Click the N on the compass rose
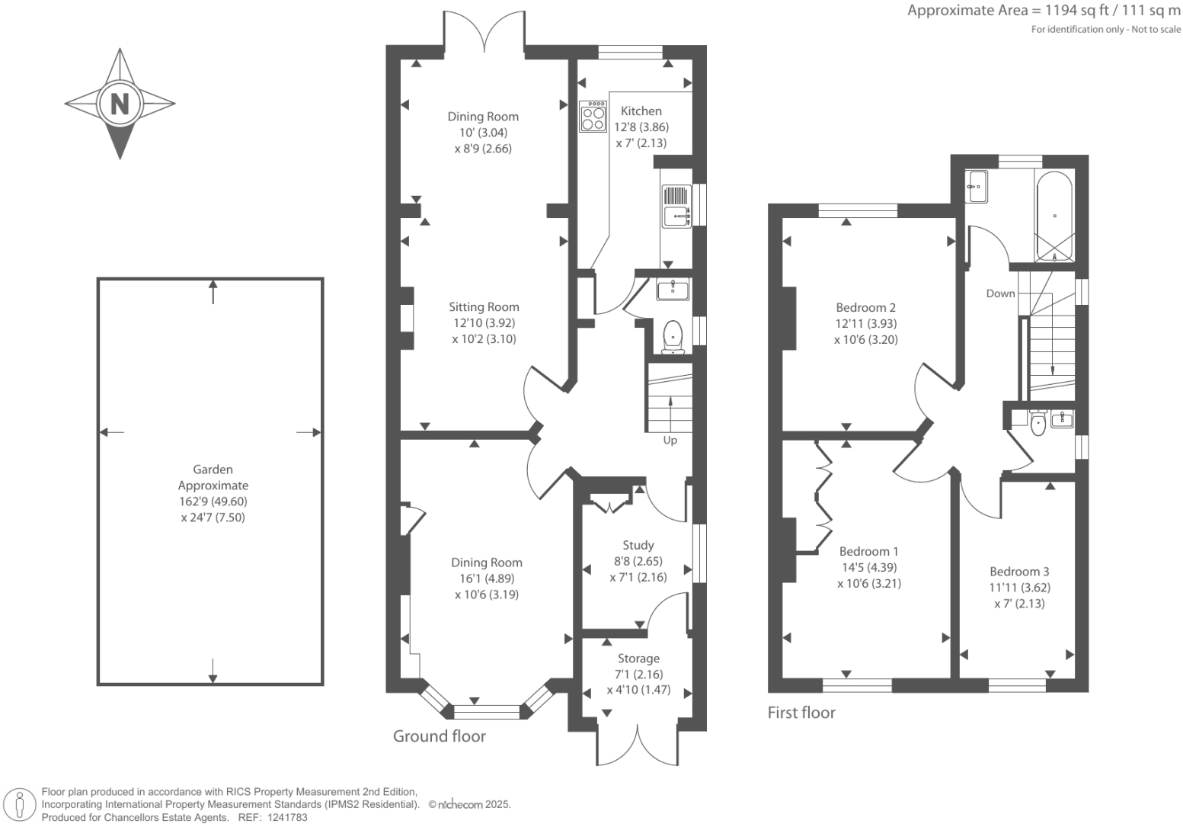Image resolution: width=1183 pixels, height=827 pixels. tap(120, 103)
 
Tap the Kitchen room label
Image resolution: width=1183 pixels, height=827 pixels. tap(641, 111)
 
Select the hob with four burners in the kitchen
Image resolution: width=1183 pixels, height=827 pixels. tap(593, 116)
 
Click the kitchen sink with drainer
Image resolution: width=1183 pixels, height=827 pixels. tap(676, 206)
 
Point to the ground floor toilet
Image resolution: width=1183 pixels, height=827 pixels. tap(673, 336)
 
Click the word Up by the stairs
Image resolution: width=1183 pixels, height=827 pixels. tap(670, 441)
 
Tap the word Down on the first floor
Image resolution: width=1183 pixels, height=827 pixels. tap(1000, 293)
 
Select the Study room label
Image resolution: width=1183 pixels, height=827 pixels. tap(638, 546)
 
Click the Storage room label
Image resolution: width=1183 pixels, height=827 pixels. tap(638, 659)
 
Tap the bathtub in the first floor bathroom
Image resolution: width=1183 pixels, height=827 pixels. tap(1054, 215)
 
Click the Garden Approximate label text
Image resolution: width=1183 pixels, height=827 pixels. tap(213, 478)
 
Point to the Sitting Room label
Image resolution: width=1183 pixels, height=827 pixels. tap(484, 307)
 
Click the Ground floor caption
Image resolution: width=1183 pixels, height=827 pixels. tap(439, 736)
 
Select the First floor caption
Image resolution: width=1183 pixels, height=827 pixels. tap(801, 713)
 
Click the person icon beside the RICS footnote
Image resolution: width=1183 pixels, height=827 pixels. tap(20, 805)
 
